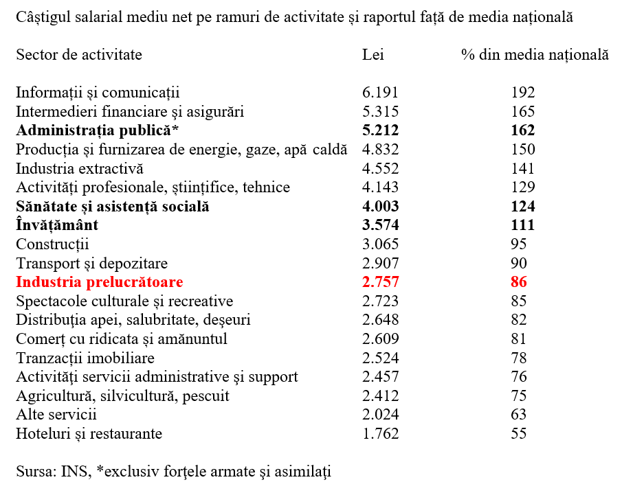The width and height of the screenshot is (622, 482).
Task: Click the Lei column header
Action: point(373,55)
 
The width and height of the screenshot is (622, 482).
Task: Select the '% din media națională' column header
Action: point(535,55)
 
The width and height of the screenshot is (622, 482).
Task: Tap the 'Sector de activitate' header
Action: point(79,55)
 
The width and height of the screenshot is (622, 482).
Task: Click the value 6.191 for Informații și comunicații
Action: point(380,93)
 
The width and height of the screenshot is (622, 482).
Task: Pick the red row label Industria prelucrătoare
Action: point(100,282)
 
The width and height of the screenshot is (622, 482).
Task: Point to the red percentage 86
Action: point(519,282)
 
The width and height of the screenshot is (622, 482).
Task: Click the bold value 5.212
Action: point(380,130)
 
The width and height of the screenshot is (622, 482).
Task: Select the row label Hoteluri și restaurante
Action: point(89,434)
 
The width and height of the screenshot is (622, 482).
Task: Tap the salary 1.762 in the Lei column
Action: point(380,434)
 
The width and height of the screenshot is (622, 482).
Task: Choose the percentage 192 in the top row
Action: point(522,93)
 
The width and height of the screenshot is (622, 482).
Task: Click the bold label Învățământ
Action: point(57,225)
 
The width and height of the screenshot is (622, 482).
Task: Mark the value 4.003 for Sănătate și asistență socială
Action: point(380,207)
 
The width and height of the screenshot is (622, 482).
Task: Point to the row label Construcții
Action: point(53,244)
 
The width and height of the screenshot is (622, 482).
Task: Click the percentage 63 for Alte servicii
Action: point(519,415)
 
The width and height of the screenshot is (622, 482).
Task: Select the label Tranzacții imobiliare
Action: point(85,358)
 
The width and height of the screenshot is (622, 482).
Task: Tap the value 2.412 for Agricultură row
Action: point(380,396)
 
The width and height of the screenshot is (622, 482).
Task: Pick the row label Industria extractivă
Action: point(80,168)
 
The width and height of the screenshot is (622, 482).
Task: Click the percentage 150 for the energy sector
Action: point(522,150)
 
